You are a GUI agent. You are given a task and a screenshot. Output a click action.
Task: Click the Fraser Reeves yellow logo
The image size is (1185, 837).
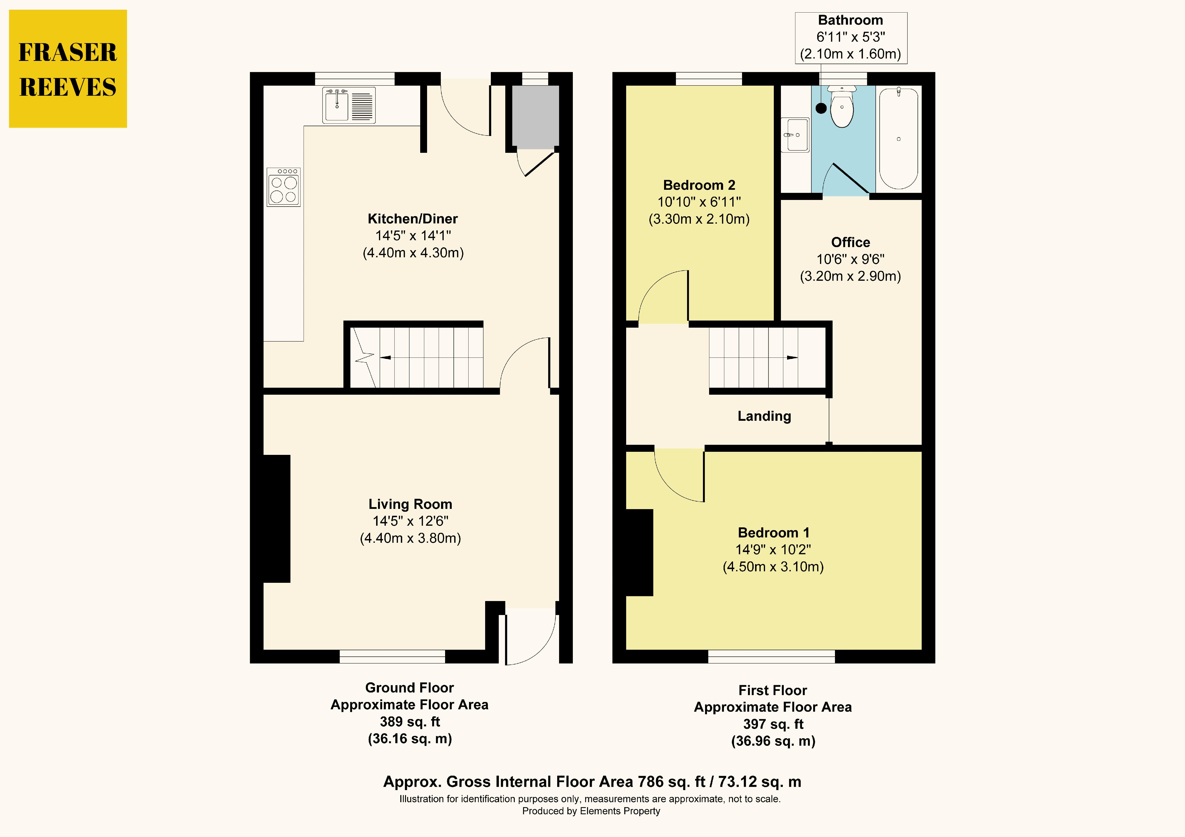tap(68, 69)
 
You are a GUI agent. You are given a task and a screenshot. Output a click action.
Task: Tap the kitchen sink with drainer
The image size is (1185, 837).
tap(349, 105)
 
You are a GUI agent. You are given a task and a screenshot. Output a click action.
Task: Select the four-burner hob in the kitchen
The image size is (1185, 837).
tap(283, 187)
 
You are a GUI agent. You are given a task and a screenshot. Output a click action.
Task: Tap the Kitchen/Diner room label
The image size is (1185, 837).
tap(412, 219)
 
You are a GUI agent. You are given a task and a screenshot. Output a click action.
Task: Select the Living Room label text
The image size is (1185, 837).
tap(410, 504)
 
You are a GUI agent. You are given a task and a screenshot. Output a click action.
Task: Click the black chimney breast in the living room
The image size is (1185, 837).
tap(277, 519)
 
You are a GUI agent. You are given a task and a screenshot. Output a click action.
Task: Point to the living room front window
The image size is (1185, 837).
tap(392, 656)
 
